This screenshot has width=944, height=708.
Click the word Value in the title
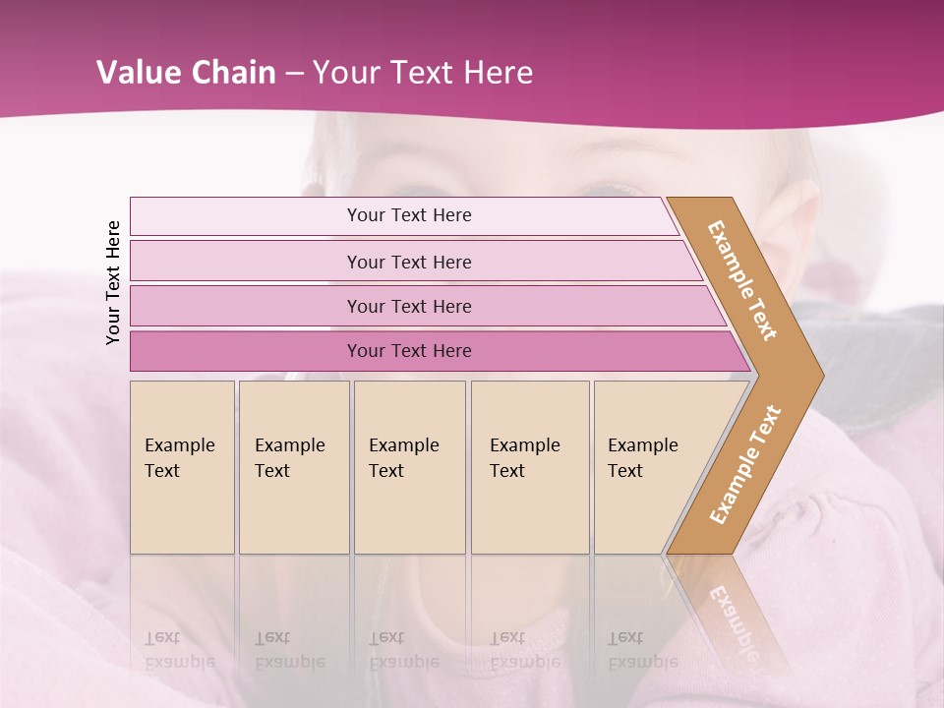pyautogui.click(x=137, y=73)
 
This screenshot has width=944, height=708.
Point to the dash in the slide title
pyautogui.click(x=294, y=74)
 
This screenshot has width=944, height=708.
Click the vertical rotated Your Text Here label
pyautogui.click(x=113, y=282)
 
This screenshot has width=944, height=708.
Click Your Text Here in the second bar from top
pyautogui.click(x=409, y=262)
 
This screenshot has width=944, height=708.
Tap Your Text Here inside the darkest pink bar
pyautogui.click(x=409, y=350)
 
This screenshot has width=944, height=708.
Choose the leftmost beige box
pyautogui.click(x=182, y=467)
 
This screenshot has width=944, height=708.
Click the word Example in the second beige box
pyautogui.click(x=289, y=445)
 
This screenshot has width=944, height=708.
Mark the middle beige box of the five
pyautogui.click(x=409, y=467)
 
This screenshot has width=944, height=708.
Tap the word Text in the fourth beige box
pyautogui.click(x=507, y=471)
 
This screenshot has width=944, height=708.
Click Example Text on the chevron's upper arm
pyautogui.click(x=742, y=280)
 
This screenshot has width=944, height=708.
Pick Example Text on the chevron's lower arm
pyautogui.click(x=744, y=465)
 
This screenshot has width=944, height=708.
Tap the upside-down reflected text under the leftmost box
pyautogui.click(x=180, y=650)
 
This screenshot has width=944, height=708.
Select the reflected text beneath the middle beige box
pyautogui.click(x=403, y=650)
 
